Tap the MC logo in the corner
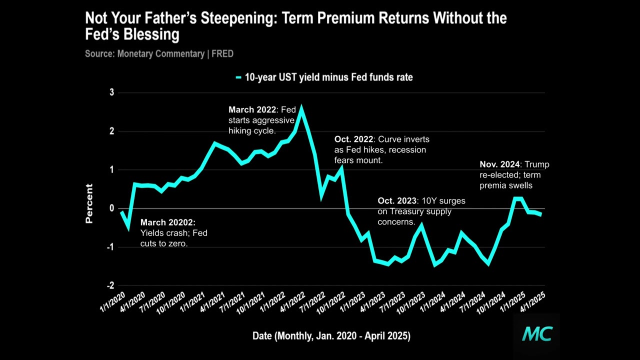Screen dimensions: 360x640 [537, 334]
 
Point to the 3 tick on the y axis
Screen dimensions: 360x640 [112, 92]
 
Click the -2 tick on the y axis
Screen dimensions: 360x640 [110, 285]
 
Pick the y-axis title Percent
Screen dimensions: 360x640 [89, 203]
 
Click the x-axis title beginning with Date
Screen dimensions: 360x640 [331, 336]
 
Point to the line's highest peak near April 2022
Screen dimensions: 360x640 [301, 107]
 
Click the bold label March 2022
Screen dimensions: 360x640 [252, 109]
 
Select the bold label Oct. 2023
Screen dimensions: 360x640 [397, 201]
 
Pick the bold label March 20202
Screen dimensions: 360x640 [167, 222]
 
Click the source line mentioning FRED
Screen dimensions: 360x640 [159, 53]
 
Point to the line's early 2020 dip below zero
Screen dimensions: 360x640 [128, 228]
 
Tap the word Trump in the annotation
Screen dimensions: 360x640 [537, 164]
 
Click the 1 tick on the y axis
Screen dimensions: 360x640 [112, 170]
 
